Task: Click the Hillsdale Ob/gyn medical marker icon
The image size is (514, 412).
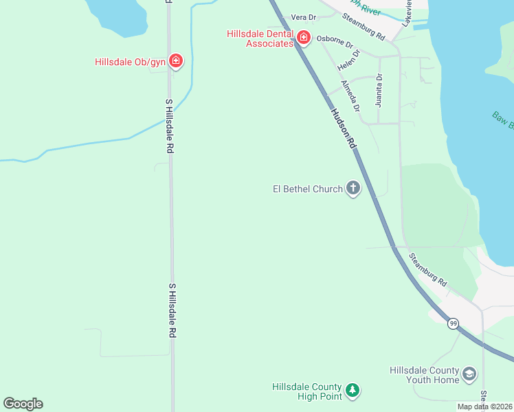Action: [x=176, y=61]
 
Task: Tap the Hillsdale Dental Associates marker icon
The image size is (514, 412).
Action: [x=303, y=38]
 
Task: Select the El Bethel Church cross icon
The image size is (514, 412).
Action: [x=353, y=188]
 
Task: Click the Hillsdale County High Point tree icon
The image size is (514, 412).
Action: [x=353, y=391]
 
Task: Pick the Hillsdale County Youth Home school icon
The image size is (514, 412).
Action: [x=470, y=374]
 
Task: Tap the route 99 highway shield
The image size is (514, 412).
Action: [x=453, y=323]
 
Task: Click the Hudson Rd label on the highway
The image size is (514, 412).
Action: [x=343, y=128]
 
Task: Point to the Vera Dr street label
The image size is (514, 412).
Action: [x=303, y=17]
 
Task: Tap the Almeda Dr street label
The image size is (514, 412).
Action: [x=350, y=96]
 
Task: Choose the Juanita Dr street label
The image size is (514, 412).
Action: [x=379, y=91]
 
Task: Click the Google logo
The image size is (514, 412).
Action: [x=23, y=404]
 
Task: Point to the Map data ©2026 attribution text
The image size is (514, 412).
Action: [x=485, y=407]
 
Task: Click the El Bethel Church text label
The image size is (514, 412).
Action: [x=308, y=189]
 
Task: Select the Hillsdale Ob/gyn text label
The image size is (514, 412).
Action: [x=131, y=62]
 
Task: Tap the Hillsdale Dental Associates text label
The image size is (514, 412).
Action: [x=260, y=38]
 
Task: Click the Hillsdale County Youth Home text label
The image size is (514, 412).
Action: [x=423, y=374]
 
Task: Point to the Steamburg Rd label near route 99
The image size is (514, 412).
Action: [x=428, y=270]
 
